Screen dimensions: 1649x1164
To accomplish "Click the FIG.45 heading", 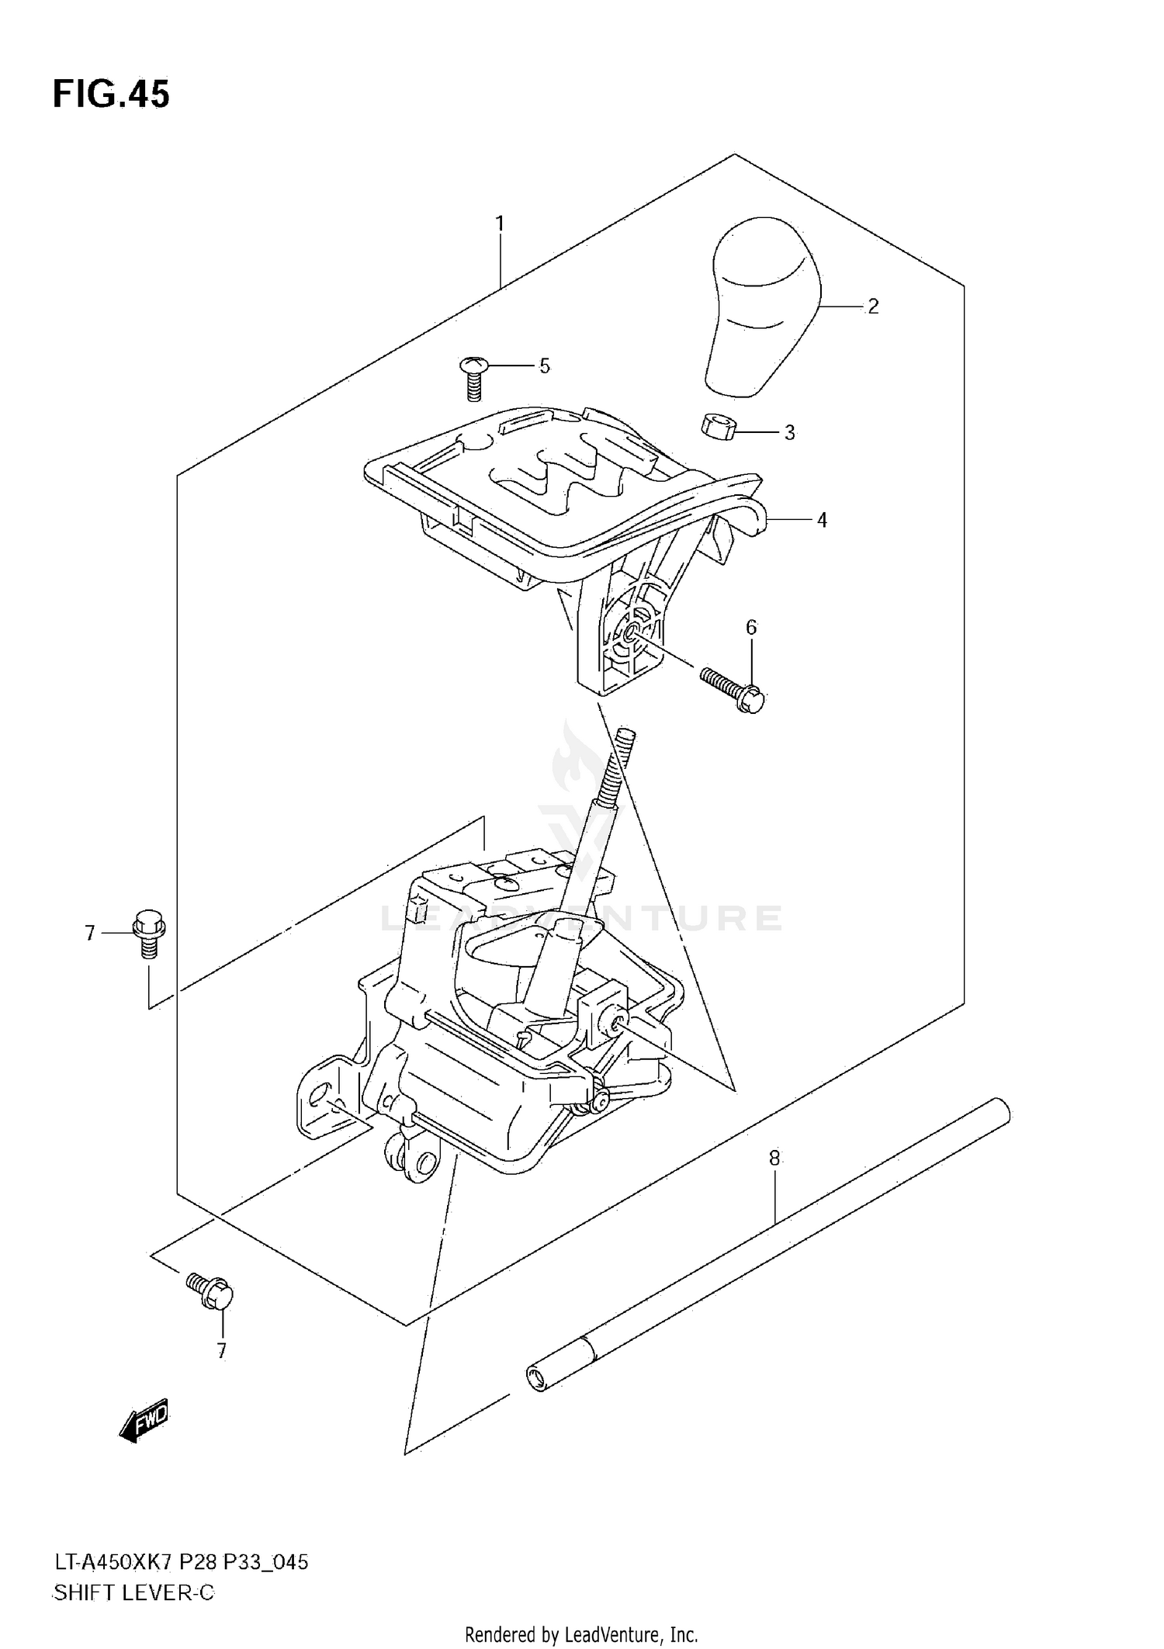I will click(x=111, y=94).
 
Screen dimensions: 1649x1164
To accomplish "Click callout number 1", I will click(x=500, y=224).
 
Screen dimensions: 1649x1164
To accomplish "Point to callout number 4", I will click(x=822, y=520).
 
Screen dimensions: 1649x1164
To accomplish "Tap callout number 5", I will click(x=544, y=365).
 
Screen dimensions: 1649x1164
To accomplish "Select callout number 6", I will click(x=750, y=627).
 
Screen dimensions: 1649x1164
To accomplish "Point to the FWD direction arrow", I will click(x=144, y=1422).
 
